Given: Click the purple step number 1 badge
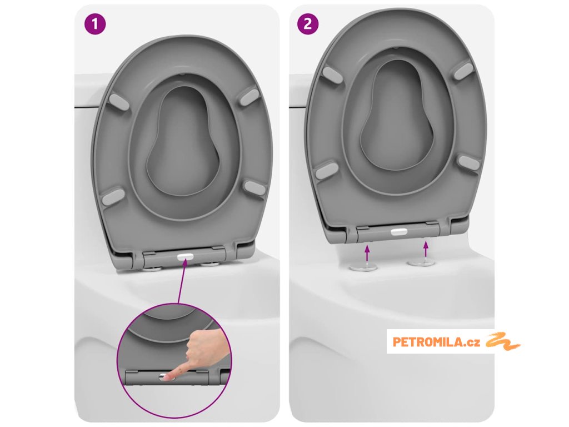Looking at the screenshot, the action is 95,24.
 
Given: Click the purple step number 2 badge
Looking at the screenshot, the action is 308,24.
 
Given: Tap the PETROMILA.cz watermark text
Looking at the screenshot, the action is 436,342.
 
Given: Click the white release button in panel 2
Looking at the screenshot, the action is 400,231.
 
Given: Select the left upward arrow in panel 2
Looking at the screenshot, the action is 367,254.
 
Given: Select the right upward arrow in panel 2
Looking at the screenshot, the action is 426,250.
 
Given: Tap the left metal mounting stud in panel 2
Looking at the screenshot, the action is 363,267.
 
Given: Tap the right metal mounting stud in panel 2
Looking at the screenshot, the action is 421,262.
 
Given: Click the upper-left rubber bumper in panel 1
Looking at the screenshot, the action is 119,102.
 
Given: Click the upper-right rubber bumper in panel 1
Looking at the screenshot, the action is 249,97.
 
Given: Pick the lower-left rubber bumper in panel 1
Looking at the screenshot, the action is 113,196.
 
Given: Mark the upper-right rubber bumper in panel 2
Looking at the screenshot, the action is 464,71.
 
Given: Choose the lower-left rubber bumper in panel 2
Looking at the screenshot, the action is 327,170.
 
